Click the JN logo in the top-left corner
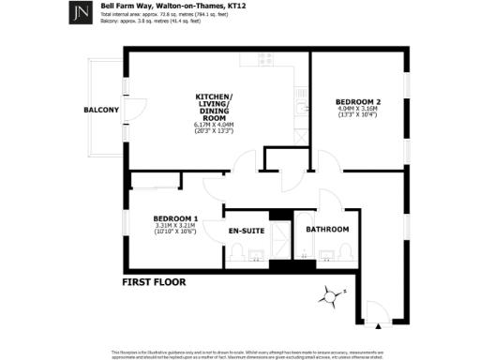[x=81, y=14]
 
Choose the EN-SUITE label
[x=247, y=230]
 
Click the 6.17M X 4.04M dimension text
[x=214, y=125]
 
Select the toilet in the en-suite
[x=238, y=253]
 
